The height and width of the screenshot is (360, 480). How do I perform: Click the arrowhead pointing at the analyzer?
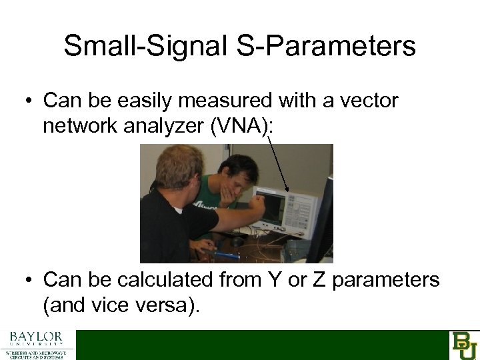pos(287,193)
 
